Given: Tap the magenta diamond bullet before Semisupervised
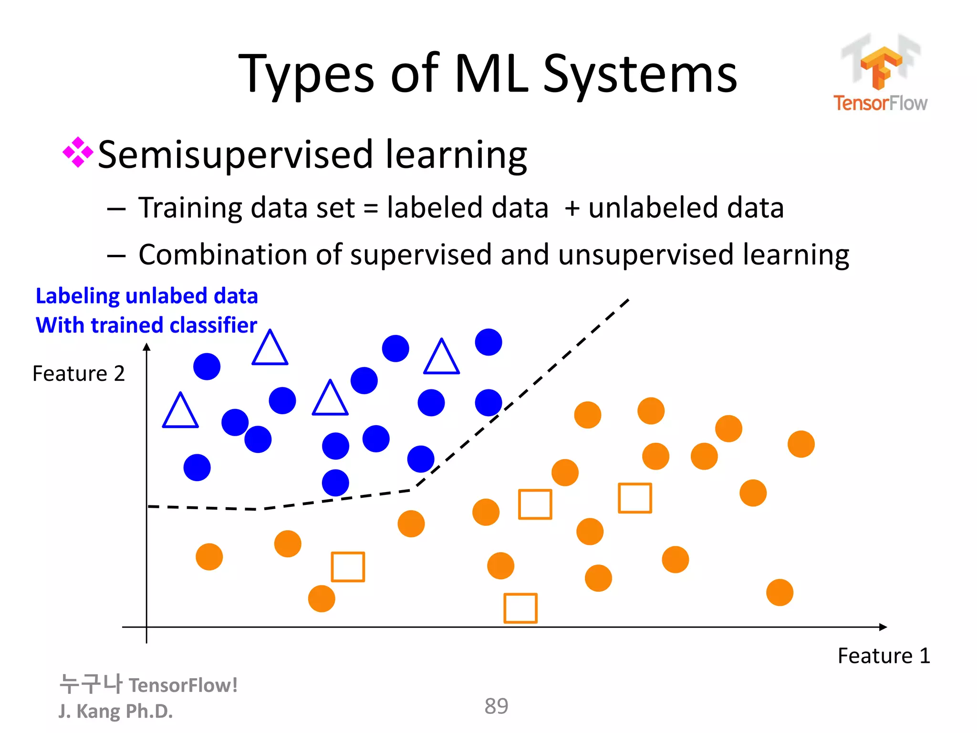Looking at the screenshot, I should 78,153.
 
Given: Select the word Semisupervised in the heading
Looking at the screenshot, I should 235,155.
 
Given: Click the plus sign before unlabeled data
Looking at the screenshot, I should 572,209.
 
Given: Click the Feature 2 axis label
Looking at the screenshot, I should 79,374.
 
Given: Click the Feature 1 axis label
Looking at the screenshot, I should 883,656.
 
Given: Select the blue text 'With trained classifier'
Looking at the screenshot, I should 146,325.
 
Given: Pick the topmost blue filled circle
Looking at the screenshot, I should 488,342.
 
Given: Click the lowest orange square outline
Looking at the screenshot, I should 520,608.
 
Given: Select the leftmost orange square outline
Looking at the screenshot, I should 348,567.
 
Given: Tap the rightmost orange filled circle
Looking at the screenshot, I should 801,444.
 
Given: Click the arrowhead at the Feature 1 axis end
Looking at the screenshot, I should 883,627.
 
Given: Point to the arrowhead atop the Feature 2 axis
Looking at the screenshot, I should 147,347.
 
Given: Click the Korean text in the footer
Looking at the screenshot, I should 91,684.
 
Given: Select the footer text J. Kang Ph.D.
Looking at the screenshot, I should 115,711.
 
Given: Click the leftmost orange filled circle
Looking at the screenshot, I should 209,557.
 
